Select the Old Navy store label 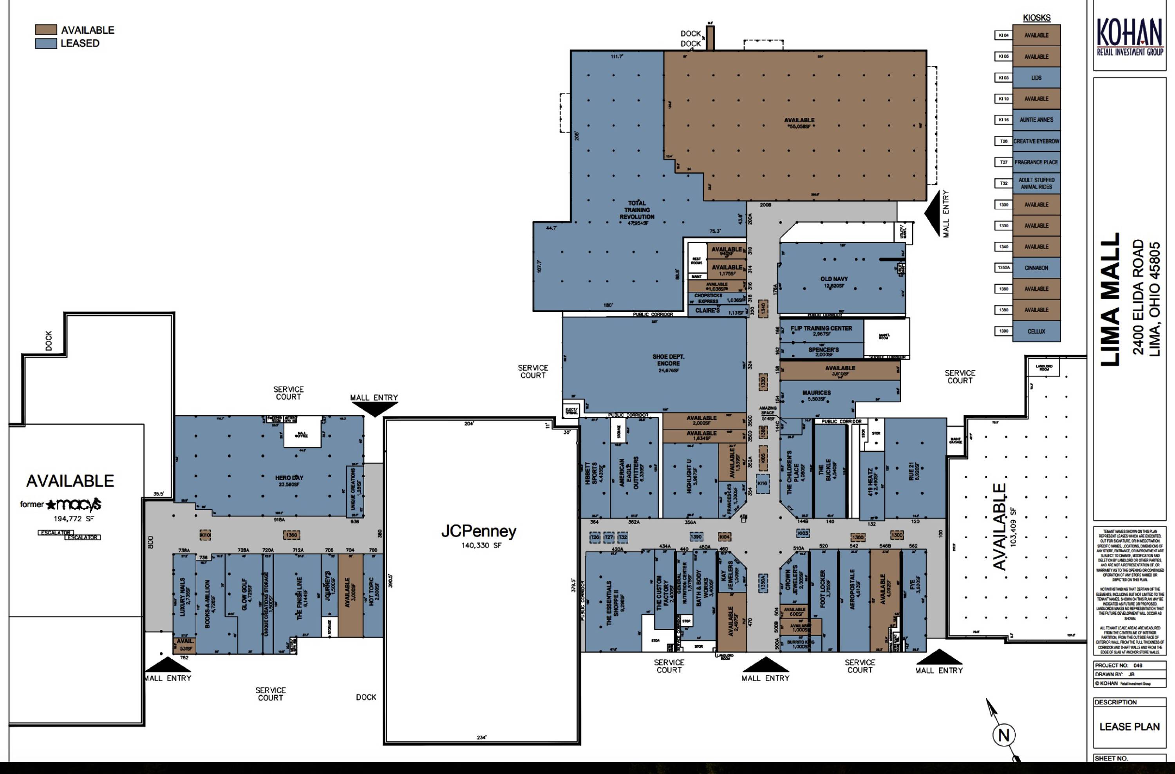(x=834, y=279)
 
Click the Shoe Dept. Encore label (x=668, y=360)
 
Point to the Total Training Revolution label (x=637, y=210)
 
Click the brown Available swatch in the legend (x=45, y=30)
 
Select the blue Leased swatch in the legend (x=45, y=43)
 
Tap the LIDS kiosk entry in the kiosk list (x=1036, y=78)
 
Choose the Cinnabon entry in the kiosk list (x=1036, y=268)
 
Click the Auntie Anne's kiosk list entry (x=1036, y=120)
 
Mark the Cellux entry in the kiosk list (x=1036, y=332)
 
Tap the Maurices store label (x=817, y=393)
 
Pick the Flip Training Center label (x=821, y=329)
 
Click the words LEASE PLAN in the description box (x=1129, y=727)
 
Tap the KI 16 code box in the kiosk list (x=1004, y=120)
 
